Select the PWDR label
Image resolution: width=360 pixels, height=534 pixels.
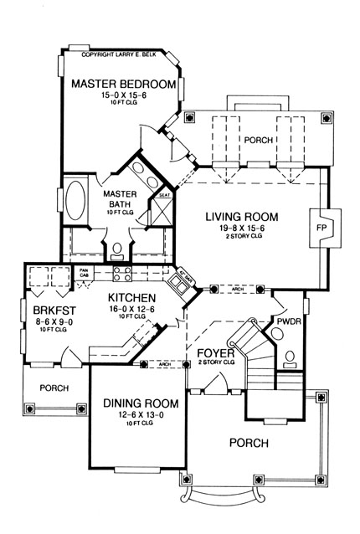(x=289, y=321)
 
